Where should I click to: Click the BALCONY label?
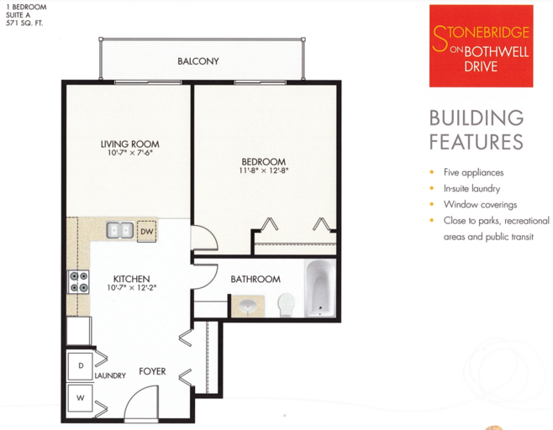[198, 61]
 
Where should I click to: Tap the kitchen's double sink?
[120, 230]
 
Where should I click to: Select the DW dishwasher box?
[147, 231]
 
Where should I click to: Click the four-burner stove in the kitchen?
[79, 282]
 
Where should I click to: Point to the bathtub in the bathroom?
[320, 288]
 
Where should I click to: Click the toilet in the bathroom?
[286, 305]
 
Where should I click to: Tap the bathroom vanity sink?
[248, 307]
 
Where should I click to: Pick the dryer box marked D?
[81, 366]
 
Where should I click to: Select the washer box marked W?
[81, 398]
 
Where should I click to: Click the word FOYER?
[152, 371]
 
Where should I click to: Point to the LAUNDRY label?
[110, 375]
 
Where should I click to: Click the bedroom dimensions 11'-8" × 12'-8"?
[264, 170]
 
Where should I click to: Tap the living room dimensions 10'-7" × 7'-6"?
[130, 153]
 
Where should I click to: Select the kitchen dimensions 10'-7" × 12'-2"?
[132, 287]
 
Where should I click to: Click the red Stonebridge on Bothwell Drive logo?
[481, 46]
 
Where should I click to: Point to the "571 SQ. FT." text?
[24, 24]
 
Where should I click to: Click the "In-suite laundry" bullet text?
[471, 189]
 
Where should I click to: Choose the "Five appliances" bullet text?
[473, 172]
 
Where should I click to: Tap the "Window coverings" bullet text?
[480, 205]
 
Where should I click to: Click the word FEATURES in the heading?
[477, 142]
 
